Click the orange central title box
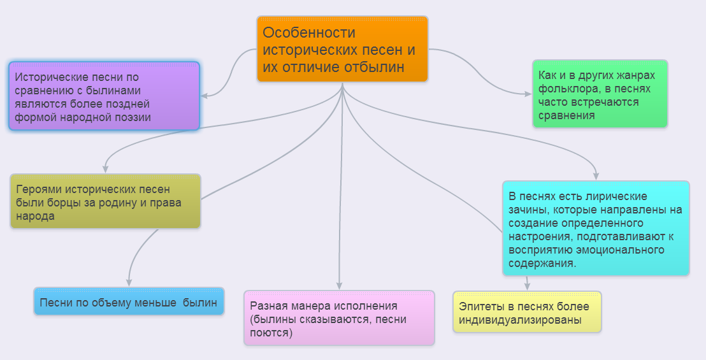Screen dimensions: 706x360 [x=342, y=49]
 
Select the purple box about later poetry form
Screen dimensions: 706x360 [x=104, y=96]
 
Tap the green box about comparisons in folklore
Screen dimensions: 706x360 [x=600, y=94]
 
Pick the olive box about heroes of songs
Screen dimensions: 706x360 [x=105, y=201]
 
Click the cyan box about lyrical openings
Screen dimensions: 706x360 [x=596, y=228]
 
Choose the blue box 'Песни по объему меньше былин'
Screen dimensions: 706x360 [x=129, y=301]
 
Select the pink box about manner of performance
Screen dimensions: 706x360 [x=339, y=318]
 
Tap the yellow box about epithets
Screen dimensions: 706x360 [x=527, y=312]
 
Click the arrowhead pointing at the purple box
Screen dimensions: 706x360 [x=205, y=96]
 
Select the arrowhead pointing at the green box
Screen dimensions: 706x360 [x=528, y=94]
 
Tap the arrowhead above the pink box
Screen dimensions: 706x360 [x=339, y=286]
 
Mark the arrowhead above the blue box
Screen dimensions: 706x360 [x=129, y=282]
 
